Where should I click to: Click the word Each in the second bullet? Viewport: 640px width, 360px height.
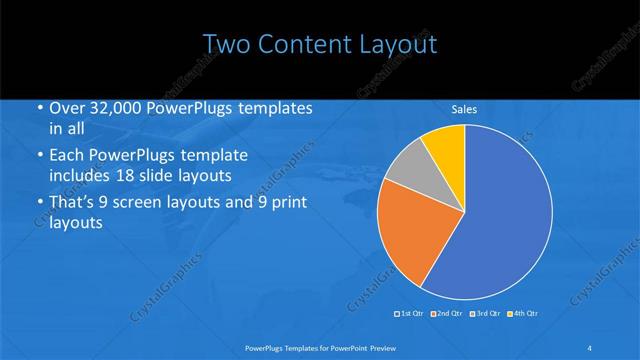pyautogui.click(x=67, y=156)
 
